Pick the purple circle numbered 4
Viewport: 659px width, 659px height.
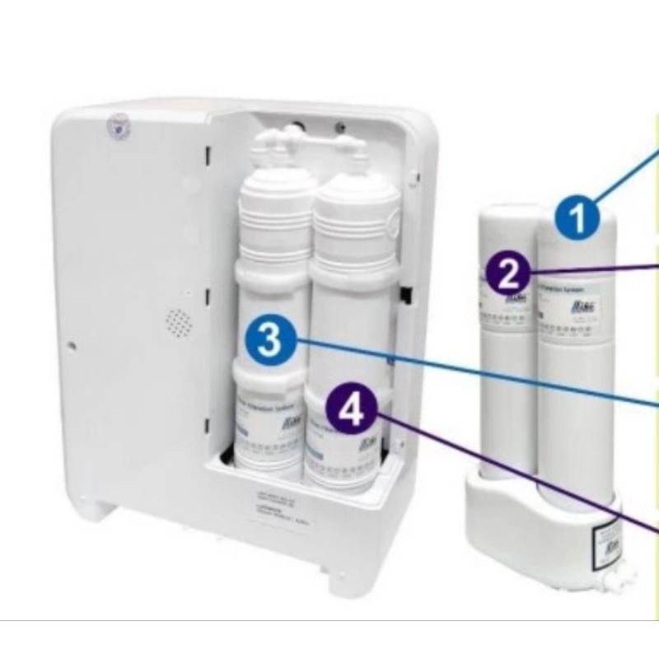pos(351,411)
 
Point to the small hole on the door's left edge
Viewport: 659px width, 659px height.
pos(71,344)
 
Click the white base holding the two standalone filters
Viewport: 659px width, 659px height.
pos(527,519)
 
